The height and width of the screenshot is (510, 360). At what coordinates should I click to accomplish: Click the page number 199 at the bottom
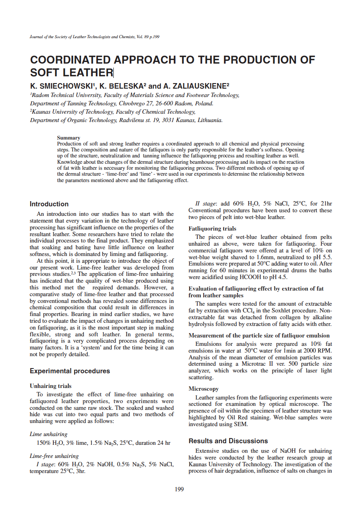point(179,489)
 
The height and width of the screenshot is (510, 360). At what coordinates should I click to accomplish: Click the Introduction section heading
point(49,204)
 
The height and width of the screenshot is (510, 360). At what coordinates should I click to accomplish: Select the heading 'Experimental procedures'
point(70,371)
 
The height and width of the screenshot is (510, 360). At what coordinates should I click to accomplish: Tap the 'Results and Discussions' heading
point(228,441)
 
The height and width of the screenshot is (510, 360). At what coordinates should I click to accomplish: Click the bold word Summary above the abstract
point(68,138)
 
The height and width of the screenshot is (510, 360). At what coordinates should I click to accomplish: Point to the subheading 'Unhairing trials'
point(51,386)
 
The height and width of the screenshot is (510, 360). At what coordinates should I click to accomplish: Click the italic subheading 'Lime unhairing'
point(49,434)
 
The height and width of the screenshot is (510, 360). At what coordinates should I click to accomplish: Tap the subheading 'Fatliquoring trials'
point(212,229)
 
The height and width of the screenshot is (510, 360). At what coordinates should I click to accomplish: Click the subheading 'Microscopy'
point(203,389)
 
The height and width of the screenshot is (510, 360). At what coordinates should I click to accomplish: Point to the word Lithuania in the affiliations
point(210,120)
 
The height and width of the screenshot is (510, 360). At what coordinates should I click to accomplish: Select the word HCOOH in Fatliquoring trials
point(253,277)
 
